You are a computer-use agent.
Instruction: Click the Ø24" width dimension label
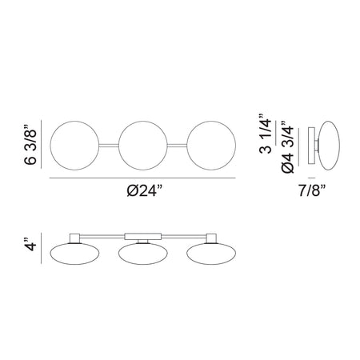coord(145,190)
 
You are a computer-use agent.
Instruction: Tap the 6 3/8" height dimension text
coord(30,145)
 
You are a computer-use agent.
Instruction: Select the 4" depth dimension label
coord(30,243)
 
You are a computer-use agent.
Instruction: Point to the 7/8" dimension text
coord(312,190)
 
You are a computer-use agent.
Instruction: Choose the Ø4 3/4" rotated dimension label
coord(287,146)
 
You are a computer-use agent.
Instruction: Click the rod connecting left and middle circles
coord(109,146)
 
